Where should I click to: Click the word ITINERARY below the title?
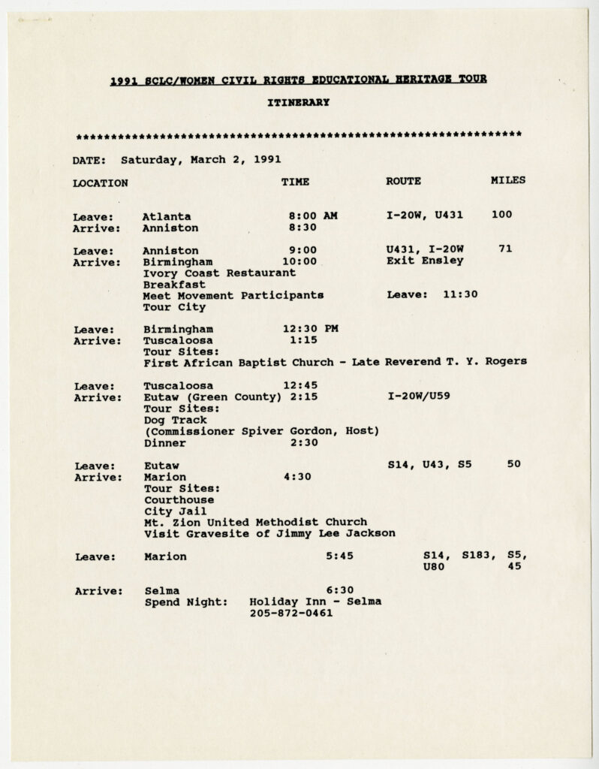[298, 103]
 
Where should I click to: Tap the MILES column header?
[507, 181]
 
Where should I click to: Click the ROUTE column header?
[403, 181]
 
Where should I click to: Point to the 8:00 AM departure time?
[313, 216]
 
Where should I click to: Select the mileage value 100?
[502, 215]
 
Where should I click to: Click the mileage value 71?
[505, 249]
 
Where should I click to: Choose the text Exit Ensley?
[425, 261]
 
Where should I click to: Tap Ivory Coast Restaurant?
[209, 273]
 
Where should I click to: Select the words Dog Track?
[175, 420]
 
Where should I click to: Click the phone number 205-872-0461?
[291, 614]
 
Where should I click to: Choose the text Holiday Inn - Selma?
[315, 602]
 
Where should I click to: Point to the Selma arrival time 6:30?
[339, 590]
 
